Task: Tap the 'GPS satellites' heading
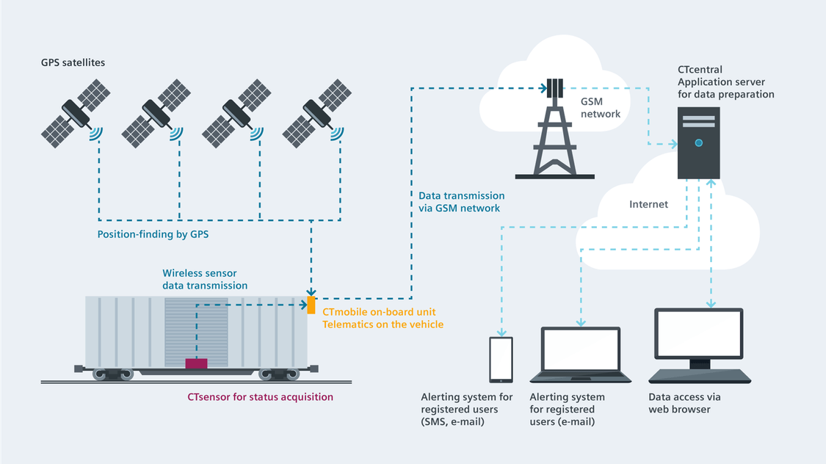pyautogui.click(x=73, y=62)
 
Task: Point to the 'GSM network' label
pyautogui.click(x=601, y=108)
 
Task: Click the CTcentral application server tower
pyautogui.click(x=698, y=142)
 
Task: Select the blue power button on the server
pyautogui.click(x=698, y=142)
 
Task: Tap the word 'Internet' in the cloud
pyautogui.click(x=648, y=204)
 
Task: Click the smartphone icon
pyautogui.click(x=501, y=359)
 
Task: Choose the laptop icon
pyautogui.click(x=580, y=356)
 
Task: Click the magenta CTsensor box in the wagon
pyautogui.click(x=196, y=363)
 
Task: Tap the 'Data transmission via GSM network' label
pyautogui.click(x=461, y=202)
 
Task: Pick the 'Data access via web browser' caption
pyautogui.click(x=684, y=403)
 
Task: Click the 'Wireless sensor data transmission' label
pyautogui.click(x=205, y=279)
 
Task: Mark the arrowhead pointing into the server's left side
pyautogui.click(x=673, y=144)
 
